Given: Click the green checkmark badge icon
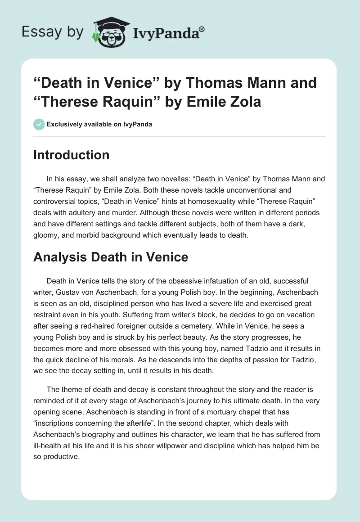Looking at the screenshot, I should (39, 124).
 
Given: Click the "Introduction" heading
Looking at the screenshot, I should (72, 155).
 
